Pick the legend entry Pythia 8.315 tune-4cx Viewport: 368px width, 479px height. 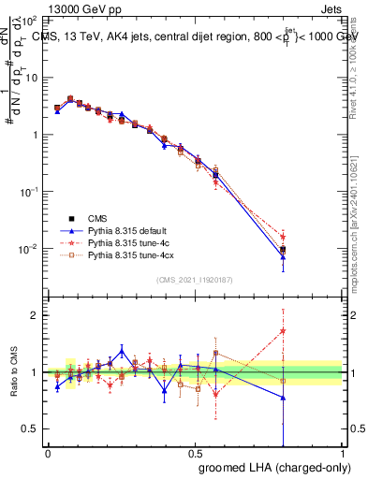tap(130, 254)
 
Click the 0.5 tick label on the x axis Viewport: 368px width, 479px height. tap(195, 452)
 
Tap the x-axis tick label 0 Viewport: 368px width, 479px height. tap(48, 452)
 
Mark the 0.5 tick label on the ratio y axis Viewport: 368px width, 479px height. tap(30, 428)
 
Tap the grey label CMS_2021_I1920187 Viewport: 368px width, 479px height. tap(195, 280)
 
